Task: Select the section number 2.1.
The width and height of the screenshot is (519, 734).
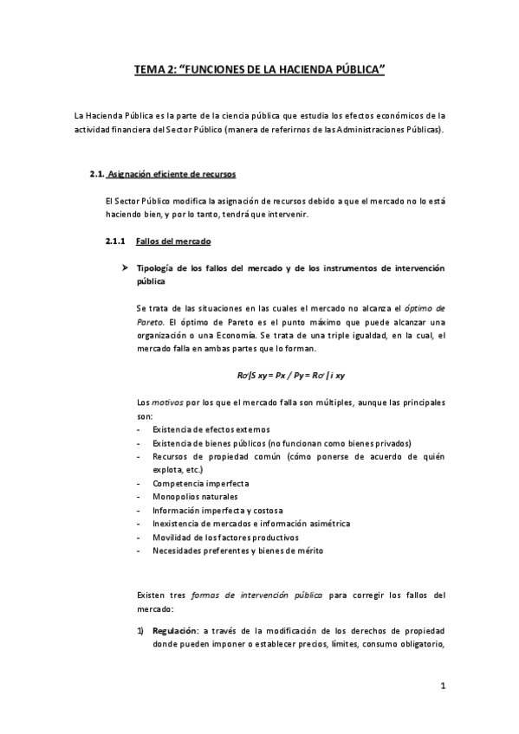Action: coord(97,174)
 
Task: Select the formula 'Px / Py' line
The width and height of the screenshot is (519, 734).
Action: coord(284,374)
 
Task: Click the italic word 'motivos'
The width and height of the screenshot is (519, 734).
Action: coord(168,402)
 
